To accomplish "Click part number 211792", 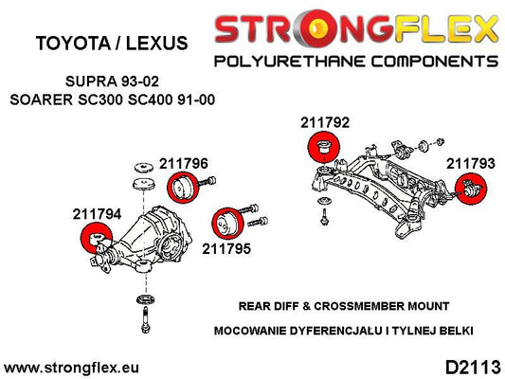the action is (325, 122).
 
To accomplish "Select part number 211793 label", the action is (470, 164).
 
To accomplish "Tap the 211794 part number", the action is (97, 214).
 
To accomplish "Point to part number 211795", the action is (226, 248).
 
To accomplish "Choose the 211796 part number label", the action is (184, 164).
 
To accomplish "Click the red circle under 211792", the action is (323, 148).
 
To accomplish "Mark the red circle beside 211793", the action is (471, 189).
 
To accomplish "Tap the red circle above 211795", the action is (228, 224).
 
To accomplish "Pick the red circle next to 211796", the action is (182, 188).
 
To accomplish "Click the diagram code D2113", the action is (473, 368).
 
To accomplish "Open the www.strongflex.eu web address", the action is (71, 368).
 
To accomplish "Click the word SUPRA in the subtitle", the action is (91, 81).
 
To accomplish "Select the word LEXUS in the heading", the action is (157, 44).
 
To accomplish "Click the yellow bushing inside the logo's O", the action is (318, 27).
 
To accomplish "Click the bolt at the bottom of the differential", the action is (146, 319).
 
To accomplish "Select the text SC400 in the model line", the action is (149, 99).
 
